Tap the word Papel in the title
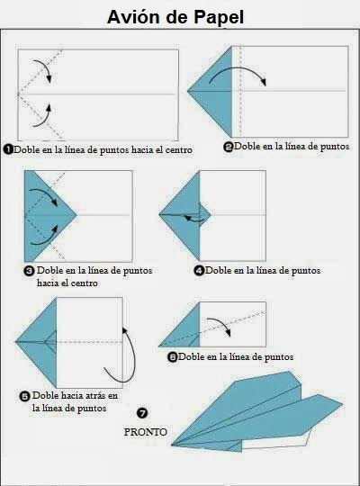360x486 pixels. (219, 18)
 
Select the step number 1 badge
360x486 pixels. (8, 149)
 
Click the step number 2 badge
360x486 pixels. (229, 147)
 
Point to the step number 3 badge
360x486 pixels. (29, 271)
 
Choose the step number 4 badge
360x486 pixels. (199, 271)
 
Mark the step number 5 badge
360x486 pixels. (25, 396)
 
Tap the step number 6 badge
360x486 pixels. (173, 357)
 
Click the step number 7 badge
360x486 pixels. (142, 413)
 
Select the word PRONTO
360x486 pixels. (146, 432)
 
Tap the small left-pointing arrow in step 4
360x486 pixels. (194, 220)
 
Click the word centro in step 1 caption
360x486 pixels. (179, 150)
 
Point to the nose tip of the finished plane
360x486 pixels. (172, 445)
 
